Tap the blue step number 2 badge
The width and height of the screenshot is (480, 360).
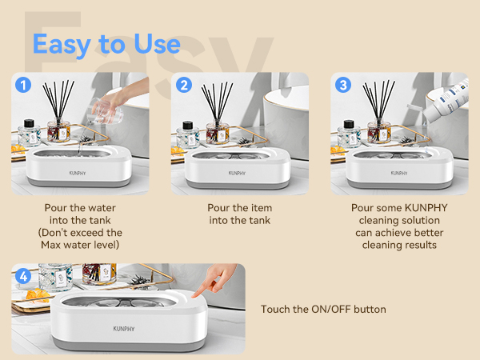coord(184,83)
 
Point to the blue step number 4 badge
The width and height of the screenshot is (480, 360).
coord(24,276)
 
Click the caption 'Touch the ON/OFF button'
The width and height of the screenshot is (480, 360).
coord(323,309)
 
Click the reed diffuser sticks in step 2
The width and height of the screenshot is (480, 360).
coord(218,102)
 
